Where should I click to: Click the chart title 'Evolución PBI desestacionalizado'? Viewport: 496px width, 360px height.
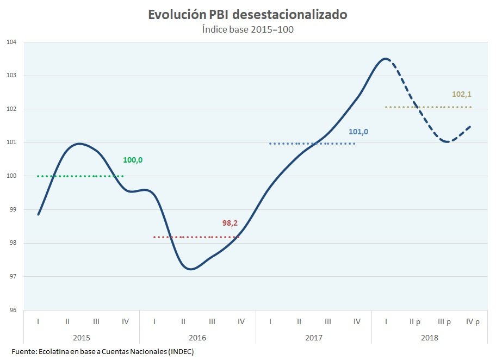click(x=247, y=15)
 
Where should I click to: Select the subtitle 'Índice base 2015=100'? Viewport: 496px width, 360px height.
click(x=247, y=29)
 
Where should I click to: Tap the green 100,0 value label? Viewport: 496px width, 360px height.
click(x=133, y=160)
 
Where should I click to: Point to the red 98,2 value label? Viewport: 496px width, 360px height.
click(x=231, y=223)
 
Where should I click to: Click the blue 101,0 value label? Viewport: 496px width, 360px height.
click(x=358, y=132)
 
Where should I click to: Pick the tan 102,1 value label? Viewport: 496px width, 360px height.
click(x=461, y=94)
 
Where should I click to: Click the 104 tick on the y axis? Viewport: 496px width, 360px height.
click(x=11, y=42)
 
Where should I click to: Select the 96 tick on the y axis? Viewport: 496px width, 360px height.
click(x=11, y=311)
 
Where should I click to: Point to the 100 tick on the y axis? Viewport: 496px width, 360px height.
click(x=11, y=176)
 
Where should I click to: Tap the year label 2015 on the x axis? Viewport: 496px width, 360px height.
click(x=82, y=337)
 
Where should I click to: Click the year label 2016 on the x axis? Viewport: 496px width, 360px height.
click(x=197, y=337)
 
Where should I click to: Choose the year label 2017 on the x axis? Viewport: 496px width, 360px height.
click(x=314, y=337)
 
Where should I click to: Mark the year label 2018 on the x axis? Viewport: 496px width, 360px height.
click(x=430, y=337)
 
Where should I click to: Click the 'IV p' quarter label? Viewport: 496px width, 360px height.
click(x=473, y=321)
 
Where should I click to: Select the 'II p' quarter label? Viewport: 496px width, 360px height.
click(x=415, y=321)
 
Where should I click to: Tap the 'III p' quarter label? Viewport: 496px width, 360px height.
click(x=444, y=321)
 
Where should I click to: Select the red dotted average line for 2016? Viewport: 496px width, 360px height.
click(x=196, y=237)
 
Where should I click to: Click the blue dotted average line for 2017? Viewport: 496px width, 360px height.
click(x=312, y=144)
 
